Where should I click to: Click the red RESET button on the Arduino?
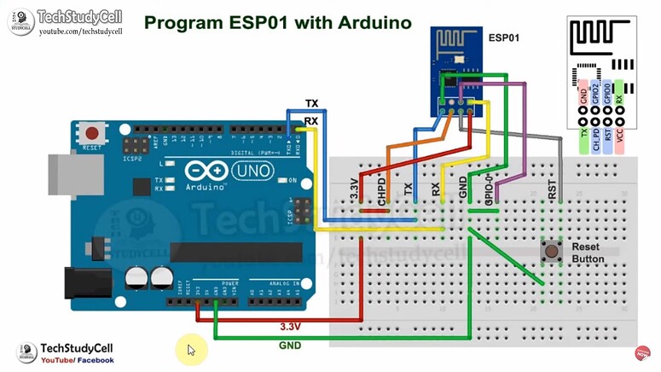91,132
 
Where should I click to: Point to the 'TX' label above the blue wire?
312,103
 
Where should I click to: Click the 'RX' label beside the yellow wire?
311,121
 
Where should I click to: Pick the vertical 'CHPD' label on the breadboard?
383,189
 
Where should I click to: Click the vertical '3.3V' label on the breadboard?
356,189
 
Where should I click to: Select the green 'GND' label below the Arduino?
290,345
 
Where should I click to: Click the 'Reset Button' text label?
588,253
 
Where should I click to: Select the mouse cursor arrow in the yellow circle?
192,350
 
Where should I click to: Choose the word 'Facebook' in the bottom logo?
96,360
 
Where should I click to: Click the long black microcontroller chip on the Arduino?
244,252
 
